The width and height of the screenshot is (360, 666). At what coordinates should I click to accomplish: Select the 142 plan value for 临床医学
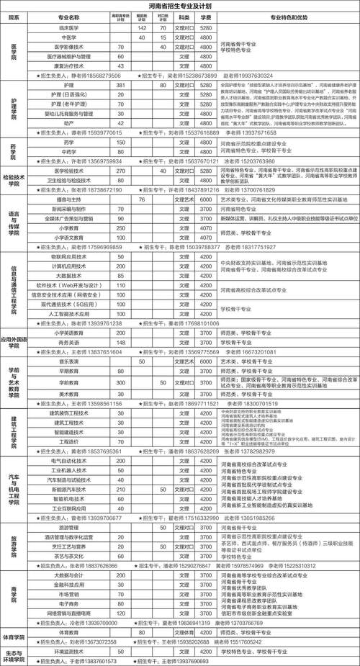click(x=143, y=27)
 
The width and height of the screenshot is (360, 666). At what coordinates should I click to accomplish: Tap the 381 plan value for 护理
click(x=121, y=85)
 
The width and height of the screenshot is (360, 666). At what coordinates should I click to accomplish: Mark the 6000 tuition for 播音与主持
click(x=205, y=199)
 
